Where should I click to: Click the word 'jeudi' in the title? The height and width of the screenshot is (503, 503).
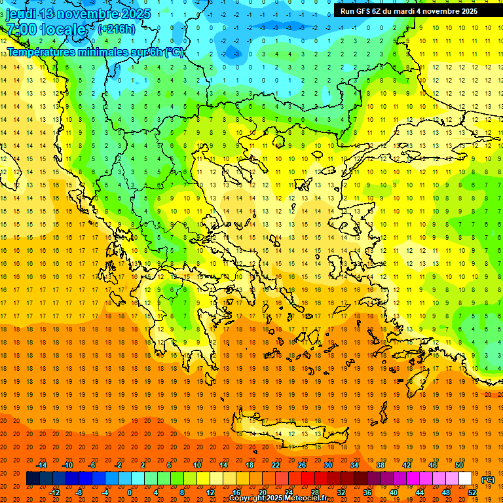(x=21, y=14)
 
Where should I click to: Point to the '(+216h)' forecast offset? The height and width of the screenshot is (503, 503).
(x=117, y=29)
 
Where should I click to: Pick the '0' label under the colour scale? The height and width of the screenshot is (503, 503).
(x=129, y=492)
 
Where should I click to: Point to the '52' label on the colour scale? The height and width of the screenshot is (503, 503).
(x=472, y=492)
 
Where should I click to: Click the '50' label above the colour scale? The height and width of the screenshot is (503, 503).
(x=459, y=465)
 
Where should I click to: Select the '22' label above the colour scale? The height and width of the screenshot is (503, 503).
(x=276, y=465)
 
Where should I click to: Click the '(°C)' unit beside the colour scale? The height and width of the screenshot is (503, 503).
(x=488, y=479)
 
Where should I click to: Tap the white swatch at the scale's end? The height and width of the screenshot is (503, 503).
(x=466, y=479)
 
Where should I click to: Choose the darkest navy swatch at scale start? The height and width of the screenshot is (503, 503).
(x=33, y=479)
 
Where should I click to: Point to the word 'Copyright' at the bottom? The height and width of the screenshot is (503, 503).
(x=248, y=498)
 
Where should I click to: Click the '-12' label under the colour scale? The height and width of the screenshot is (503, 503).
(x=54, y=492)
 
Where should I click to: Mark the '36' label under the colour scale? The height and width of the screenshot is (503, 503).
(x=367, y=492)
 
